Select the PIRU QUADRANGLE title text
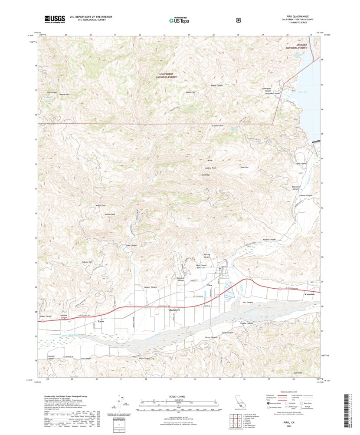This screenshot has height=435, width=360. [296, 16]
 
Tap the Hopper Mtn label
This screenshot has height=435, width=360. [65, 94]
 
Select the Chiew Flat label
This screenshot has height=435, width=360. [244, 167]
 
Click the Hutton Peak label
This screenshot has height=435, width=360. [110, 214]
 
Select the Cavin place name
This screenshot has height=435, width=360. [101, 321]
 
